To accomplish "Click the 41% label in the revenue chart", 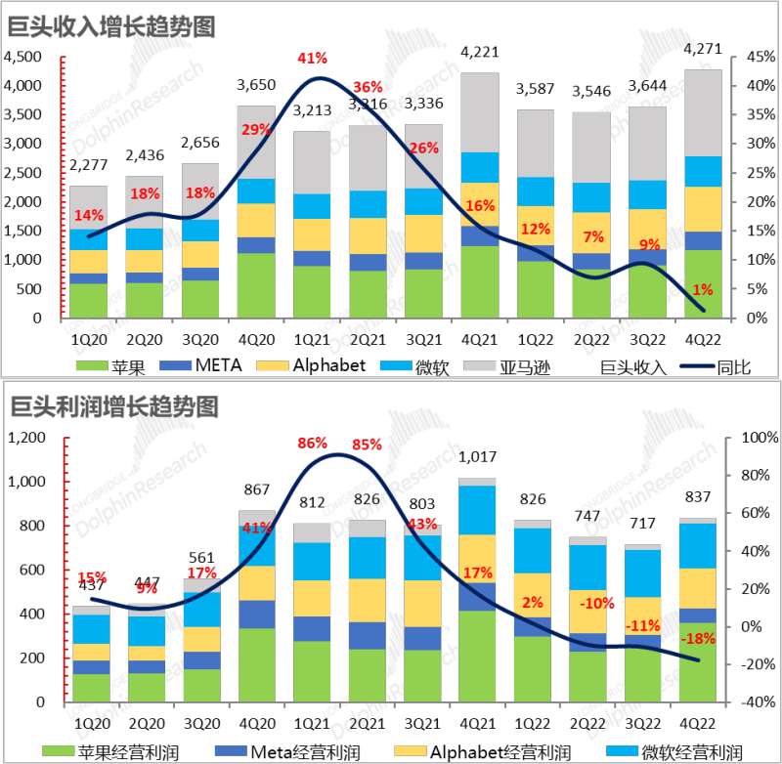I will [312, 59].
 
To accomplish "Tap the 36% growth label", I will [368, 87].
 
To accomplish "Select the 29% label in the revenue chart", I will [256, 130].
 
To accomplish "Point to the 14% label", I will [88, 215].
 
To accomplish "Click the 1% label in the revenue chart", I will [702, 289].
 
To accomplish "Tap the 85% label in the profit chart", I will [367, 445].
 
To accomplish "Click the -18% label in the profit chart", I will [698, 639].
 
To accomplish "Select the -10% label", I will [596, 603].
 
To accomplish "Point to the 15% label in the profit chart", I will [91, 577].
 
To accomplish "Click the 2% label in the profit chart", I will [533, 603].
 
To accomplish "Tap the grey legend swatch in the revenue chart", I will [479, 365].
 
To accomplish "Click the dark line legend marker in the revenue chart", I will [697, 365].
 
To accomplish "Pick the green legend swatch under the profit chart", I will [59, 750].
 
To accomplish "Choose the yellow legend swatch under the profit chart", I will [411, 750].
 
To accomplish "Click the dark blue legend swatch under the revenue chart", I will [175, 365].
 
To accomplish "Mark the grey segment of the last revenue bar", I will [704, 112].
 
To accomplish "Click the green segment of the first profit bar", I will [91, 687].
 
